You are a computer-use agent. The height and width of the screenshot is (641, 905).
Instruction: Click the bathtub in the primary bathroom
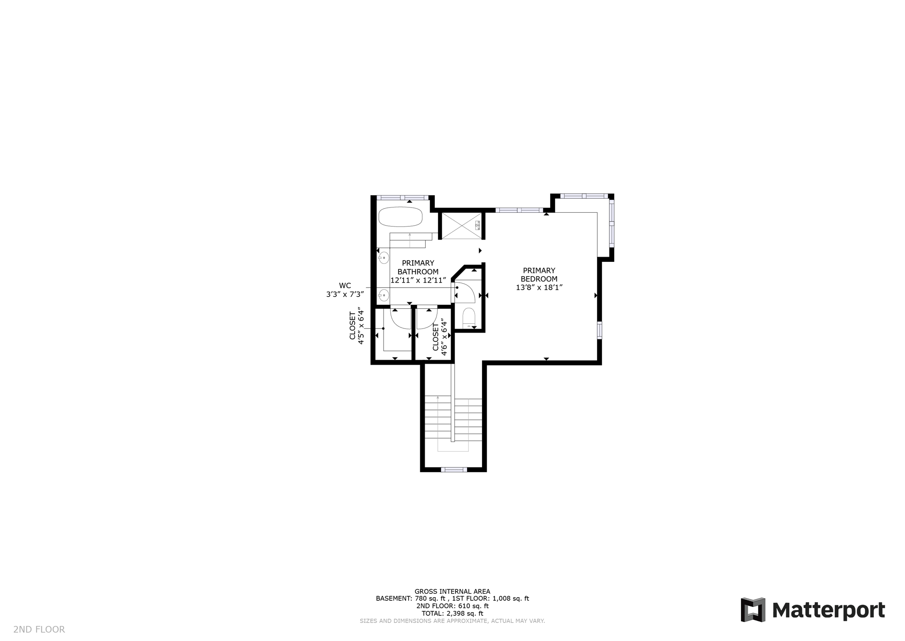tap(400, 217)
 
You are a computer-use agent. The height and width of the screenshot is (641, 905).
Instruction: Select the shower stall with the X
tap(461, 226)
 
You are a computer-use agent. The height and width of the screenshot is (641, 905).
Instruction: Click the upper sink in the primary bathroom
tap(384, 257)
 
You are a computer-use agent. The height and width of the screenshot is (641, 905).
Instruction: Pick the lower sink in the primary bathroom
tap(384, 294)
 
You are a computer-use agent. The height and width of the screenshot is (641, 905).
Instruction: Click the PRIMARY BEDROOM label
tap(539, 275)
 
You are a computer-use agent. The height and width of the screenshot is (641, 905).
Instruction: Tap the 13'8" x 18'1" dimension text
tap(539, 288)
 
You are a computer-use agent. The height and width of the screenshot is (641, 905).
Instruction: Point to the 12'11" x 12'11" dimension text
tap(418, 280)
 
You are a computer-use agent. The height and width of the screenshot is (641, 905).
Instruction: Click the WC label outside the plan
tap(345, 286)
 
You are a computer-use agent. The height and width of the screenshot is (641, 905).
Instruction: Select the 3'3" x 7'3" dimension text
tap(345, 294)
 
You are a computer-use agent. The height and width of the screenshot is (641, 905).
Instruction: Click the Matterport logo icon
tap(753, 610)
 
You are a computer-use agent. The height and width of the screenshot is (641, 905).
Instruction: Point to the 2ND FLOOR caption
tap(39, 629)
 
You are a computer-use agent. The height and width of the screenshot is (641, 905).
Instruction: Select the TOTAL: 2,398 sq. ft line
tap(452, 614)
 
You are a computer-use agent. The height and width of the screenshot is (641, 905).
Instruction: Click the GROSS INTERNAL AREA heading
tap(452, 591)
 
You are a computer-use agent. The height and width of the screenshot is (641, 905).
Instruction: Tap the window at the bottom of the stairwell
tap(453, 469)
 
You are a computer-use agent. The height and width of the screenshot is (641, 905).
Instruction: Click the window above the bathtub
tap(402, 197)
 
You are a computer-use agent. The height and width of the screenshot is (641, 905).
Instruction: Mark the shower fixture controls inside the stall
tap(477, 226)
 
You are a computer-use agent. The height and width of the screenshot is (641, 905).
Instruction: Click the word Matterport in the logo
tap(828, 610)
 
